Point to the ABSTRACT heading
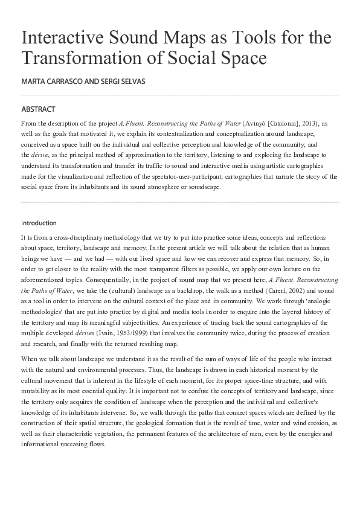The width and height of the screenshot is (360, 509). [x=38, y=109]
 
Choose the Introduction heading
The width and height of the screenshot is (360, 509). [x=39, y=223]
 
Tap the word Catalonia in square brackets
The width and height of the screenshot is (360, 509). [x=286, y=122]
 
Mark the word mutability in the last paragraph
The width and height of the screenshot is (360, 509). [x=37, y=390]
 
